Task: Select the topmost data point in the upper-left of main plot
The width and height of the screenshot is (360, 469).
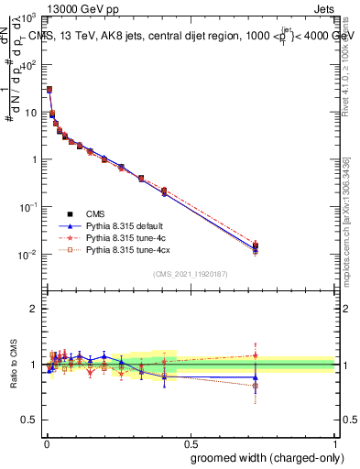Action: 49,90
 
